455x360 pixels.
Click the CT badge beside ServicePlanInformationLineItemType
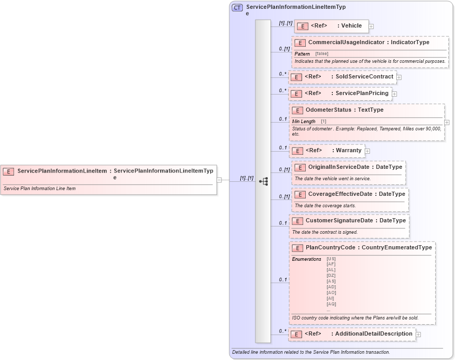237,8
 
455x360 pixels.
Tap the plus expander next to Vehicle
371,26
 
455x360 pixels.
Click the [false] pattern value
322,54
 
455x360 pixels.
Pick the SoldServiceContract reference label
364,76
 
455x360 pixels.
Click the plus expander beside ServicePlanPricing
394,94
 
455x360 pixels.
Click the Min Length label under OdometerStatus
304,121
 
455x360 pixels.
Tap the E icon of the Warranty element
297,151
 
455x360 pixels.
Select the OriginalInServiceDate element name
339,167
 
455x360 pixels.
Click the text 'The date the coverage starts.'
325,206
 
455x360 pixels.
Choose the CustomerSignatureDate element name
341,220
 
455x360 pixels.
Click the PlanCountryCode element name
330,247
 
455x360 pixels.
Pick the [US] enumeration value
331,259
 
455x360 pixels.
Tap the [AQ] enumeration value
331,304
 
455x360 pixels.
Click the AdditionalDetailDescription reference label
373,334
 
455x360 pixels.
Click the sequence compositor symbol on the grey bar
263,181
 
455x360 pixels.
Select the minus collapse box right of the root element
219,180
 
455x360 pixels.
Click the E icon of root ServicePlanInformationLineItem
9,171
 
